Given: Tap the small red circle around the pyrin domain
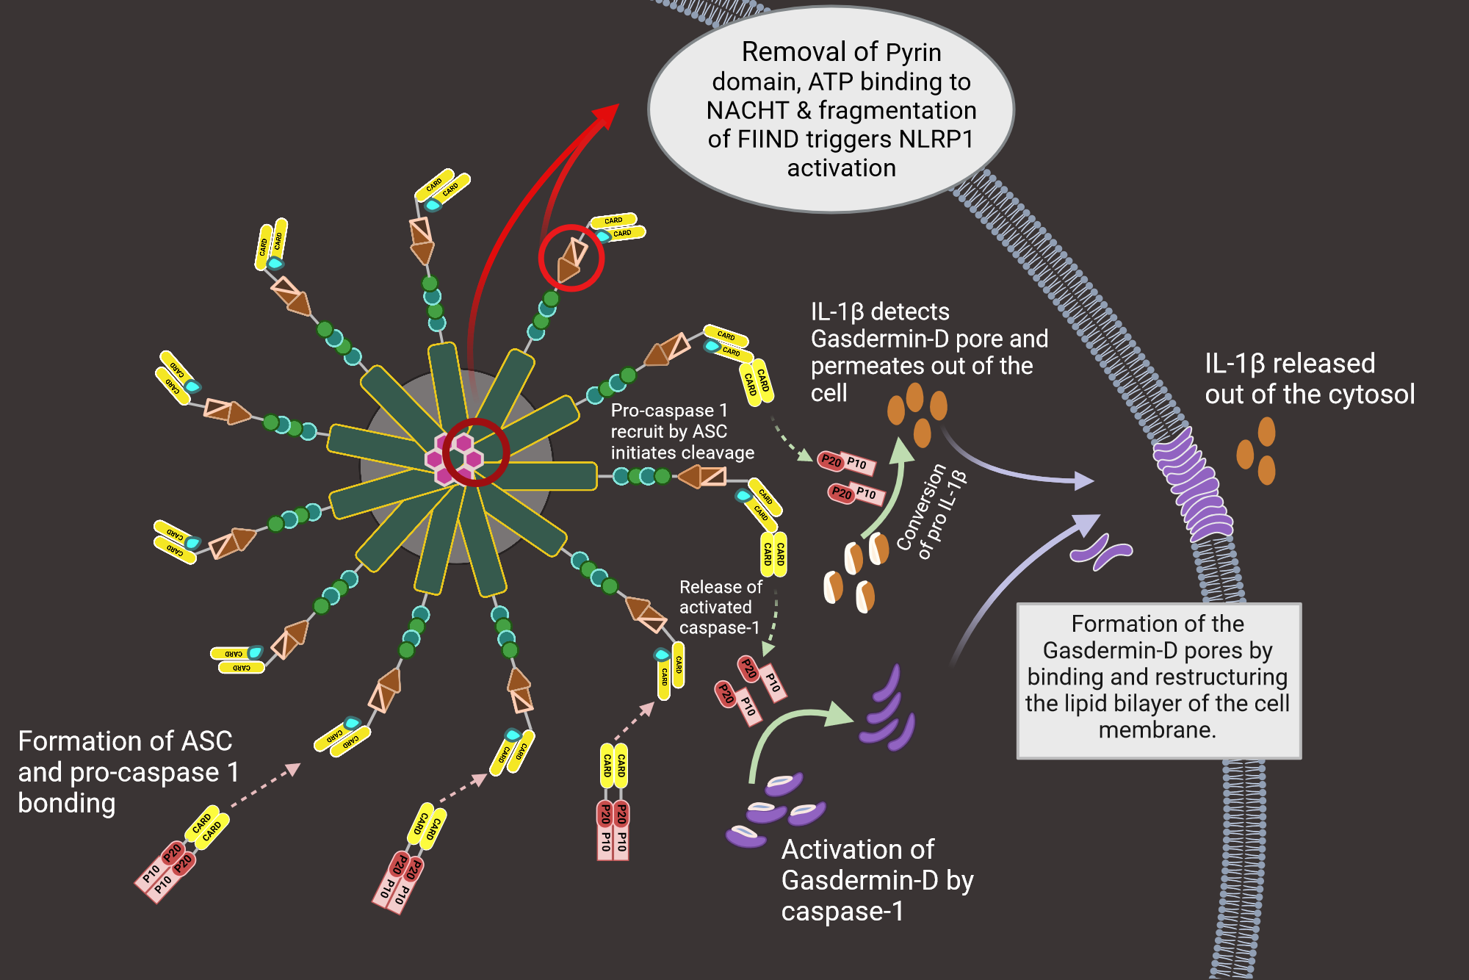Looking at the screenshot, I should click(x=571, y=258).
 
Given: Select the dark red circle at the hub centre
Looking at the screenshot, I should click(x=476, y=452).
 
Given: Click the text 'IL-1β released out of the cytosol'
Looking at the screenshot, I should click(x=1309, y=379).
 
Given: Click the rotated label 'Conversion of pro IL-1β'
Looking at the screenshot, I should click(x=931, y=512).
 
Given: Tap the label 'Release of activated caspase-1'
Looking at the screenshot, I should click(x=719, y=608).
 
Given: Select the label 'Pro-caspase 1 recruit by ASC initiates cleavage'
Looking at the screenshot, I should click(x=682, y=432).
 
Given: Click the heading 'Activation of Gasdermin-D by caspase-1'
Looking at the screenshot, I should click(x=876, y=880).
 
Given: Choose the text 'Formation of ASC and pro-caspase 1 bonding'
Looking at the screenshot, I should click(x=127, y=772).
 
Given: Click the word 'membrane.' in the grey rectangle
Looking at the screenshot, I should click(x=1157, y=730).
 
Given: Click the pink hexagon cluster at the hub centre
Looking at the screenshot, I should click(x=454, y=459).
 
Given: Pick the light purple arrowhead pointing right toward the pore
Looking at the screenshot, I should click(x=1084, y=481).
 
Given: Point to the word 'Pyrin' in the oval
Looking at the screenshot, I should click(x=913, y=53).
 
